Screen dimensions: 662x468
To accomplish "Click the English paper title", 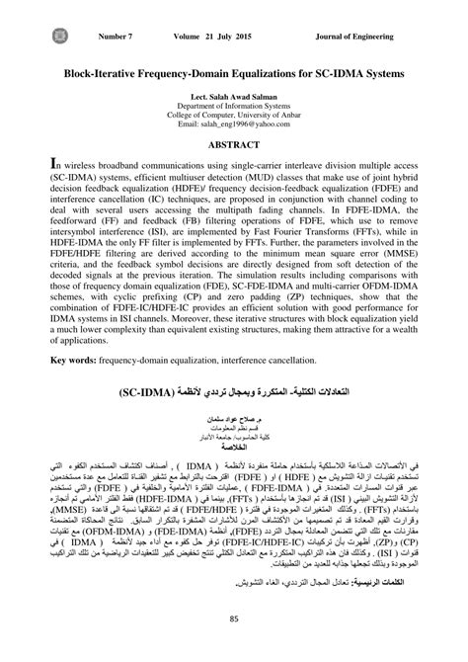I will tap(234, 72).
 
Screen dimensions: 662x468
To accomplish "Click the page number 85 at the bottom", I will tap(234, 620).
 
